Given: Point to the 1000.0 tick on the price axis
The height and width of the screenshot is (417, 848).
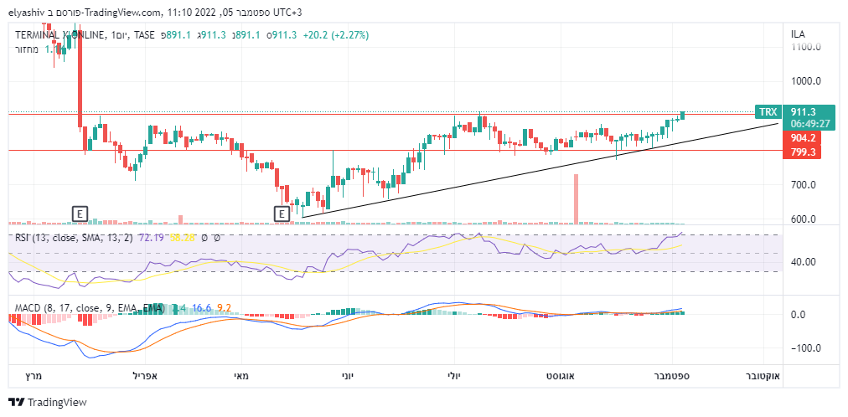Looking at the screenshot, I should tap(805, 81).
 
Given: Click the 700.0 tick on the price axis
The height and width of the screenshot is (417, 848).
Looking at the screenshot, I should tap(805, 184).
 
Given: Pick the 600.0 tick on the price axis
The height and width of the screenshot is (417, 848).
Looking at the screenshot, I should tap(805, 219).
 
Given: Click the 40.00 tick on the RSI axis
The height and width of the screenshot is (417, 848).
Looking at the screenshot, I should tap(804, 262).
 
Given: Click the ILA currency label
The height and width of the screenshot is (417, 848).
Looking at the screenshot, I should tap(799, 34).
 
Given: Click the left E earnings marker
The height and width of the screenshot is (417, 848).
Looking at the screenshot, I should tap(80, 214).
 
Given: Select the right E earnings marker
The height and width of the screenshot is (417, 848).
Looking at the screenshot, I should tap(282, 214).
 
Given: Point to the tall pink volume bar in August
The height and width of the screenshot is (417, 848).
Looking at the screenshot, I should tap(576, 198).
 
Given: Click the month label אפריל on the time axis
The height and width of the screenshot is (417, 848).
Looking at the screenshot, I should tap(147, 377).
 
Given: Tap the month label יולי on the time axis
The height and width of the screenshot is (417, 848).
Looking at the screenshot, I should tap(452, 377).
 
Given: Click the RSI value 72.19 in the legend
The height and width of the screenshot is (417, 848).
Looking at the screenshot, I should tap(152, 239).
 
